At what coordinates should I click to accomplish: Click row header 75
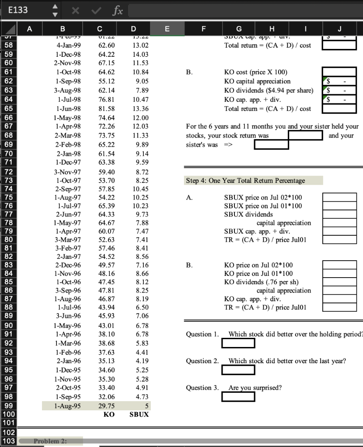9,197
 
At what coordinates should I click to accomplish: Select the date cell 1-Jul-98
67,100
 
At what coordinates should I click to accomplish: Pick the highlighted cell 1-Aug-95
67,406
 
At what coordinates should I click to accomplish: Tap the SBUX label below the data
139,414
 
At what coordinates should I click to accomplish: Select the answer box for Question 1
238,343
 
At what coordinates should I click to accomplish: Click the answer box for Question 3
238,396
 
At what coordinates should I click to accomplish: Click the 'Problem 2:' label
50,441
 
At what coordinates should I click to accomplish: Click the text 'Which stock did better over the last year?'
287,361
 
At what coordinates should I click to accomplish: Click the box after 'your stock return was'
305,135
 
